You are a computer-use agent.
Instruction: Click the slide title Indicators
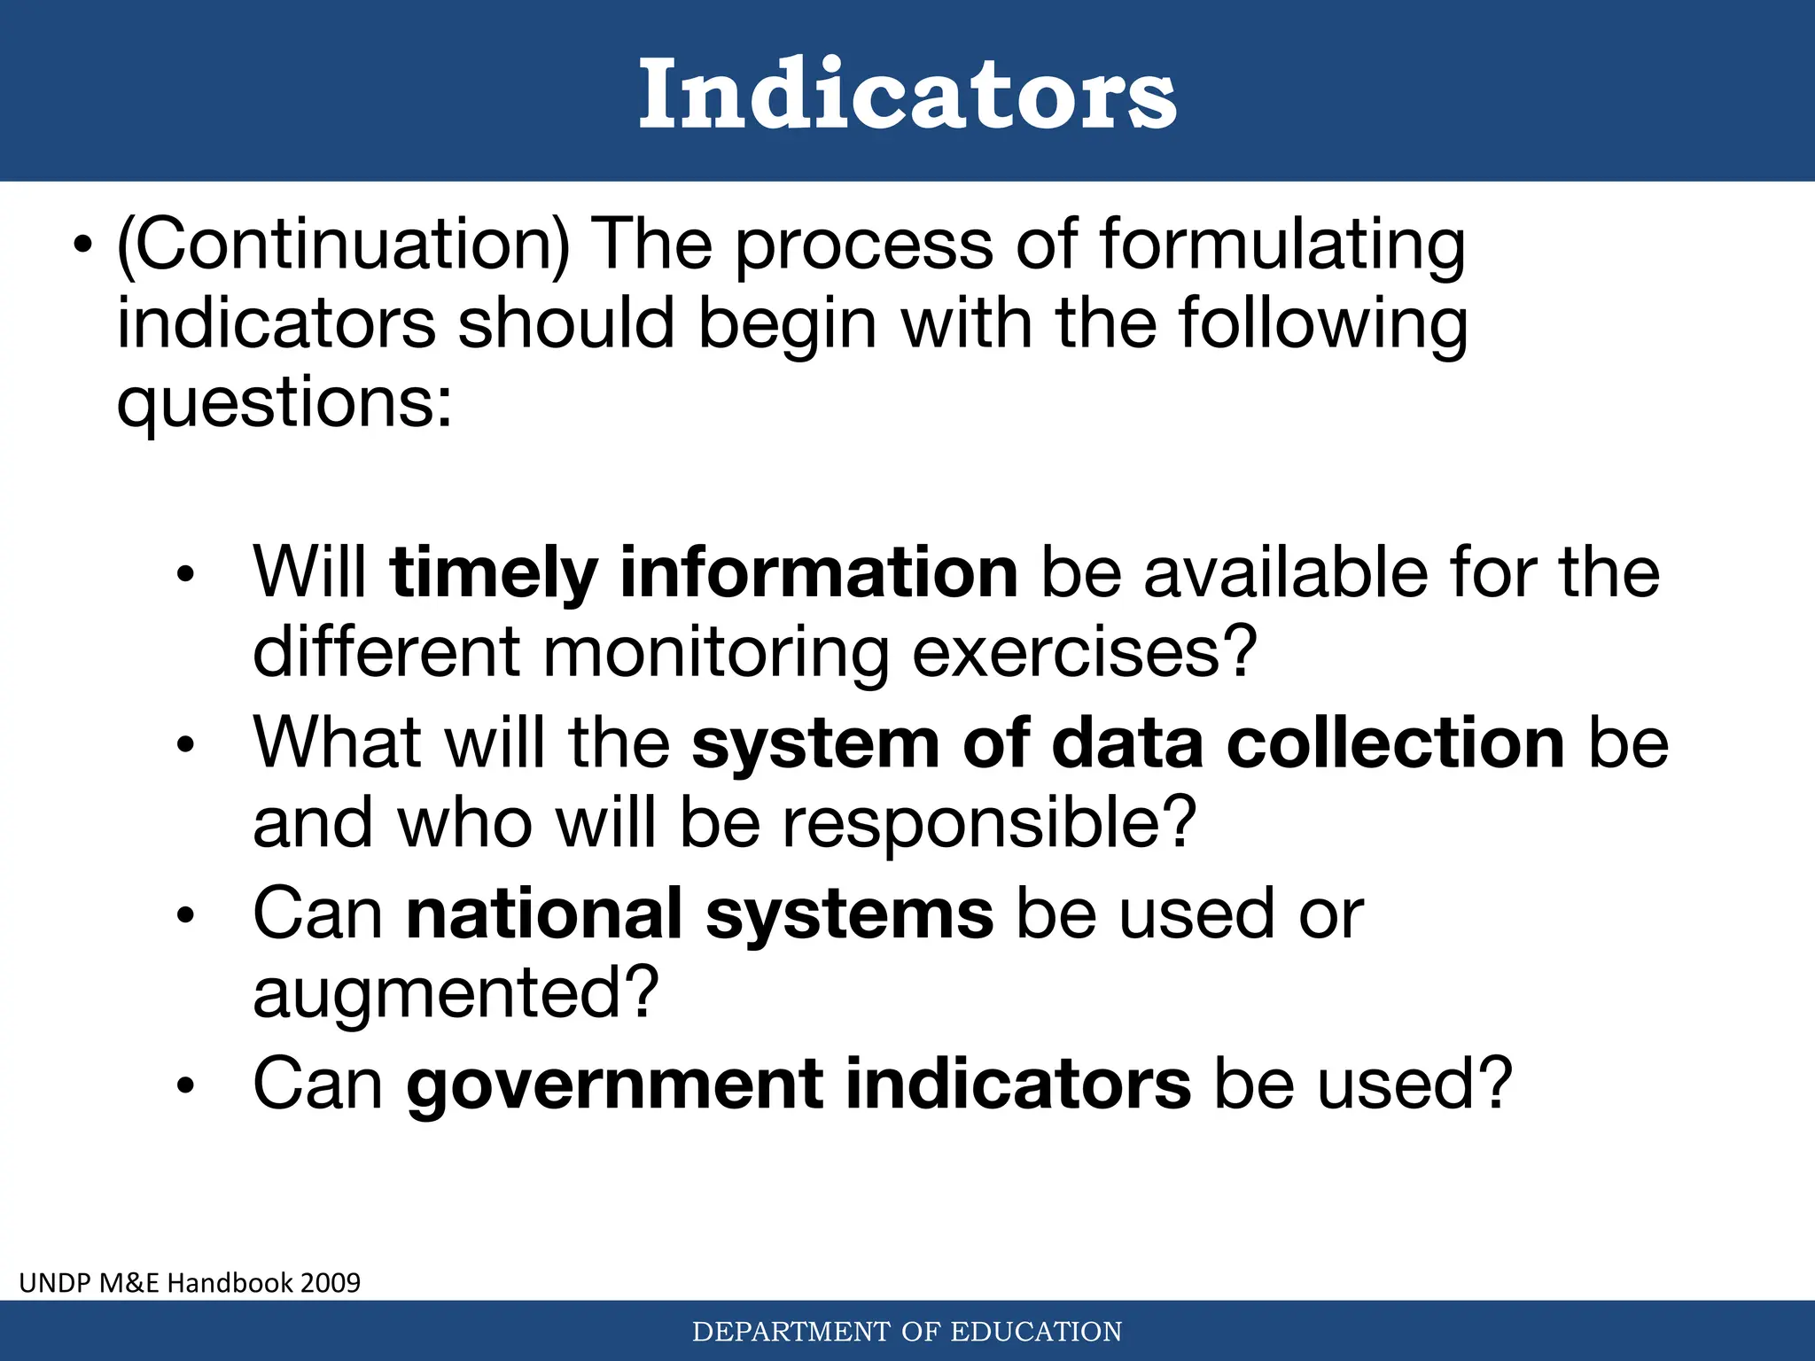(x=907, y=94)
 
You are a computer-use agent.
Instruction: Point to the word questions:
(x=284, y=404)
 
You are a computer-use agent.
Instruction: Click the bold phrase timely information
(x=704, y=572)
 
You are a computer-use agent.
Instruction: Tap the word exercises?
(x=1085, y=652)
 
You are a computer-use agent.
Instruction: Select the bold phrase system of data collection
(x=1127, y=743)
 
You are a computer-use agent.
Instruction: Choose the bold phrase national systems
(x=699, y=914)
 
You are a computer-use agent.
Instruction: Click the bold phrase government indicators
(x=798, y=1084)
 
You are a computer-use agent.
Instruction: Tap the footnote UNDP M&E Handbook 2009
(x=190, y=1282)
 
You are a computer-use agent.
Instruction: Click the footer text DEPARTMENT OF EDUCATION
(x=907, y=1332)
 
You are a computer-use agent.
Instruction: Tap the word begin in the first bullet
(x=787, y=324)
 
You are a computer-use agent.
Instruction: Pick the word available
(x=1286, y=572)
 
